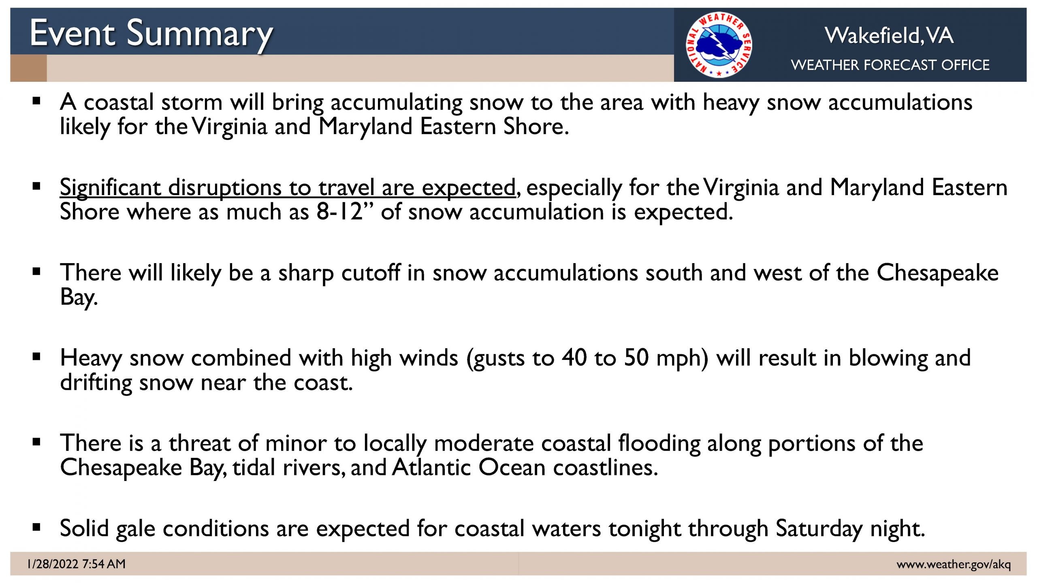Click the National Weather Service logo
[719, 45]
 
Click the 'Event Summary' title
[151, 34]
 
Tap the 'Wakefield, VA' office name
[889, 36]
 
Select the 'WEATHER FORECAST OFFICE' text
[890, 65]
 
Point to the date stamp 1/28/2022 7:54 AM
[77, 564]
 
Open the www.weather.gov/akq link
[954, 564]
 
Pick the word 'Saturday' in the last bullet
[819, 529]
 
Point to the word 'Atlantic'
[431, 467]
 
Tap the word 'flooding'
[659, 444]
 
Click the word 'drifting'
[96, 383]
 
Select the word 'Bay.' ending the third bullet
[79, 297]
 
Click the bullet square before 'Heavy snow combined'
[37, 357]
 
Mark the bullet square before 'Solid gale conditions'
[37, 527]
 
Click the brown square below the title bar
[28, 68]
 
